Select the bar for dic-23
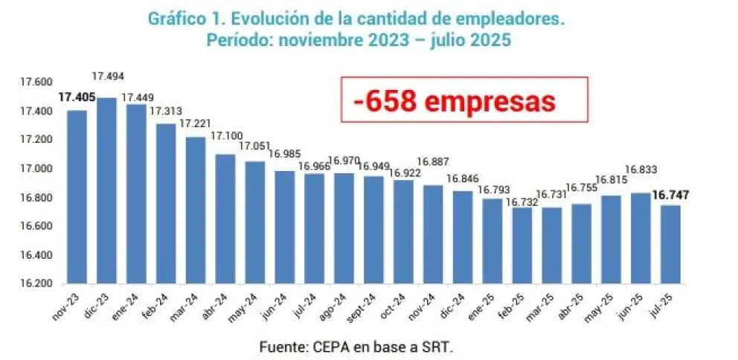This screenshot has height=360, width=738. click(x=106, y=190)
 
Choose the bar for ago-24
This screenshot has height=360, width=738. click(x=344, y=228)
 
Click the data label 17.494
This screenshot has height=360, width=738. click(x=106, y=76)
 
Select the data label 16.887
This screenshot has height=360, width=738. click(x=432, y=161)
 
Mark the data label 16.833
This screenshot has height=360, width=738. click(x=641, y=169)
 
